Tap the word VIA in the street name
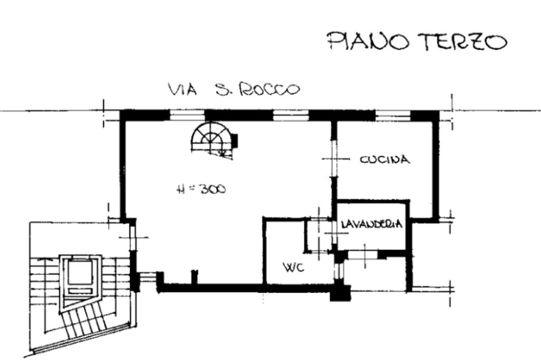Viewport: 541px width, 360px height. (x=182, y=89)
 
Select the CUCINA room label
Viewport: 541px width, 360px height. (x=385, y=159)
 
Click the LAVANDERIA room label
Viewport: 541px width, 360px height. (x=371, y=224)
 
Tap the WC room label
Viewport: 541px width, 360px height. (x=294, y=267)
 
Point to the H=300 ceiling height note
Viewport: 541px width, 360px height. (x=201, y=189)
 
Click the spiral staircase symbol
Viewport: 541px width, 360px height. (x=211, y=140)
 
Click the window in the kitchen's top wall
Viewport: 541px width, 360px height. (x=393, y=115)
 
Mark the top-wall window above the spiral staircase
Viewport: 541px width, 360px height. (x=188, y=115)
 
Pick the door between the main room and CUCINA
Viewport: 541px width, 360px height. (x=334, y=159)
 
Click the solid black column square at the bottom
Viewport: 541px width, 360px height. (x=341, y=293)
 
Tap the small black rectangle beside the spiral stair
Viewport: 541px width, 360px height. (x=235, y=140)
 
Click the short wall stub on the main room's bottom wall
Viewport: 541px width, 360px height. (x=195, y=277)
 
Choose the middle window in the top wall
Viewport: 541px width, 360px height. (x=291, y=115)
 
